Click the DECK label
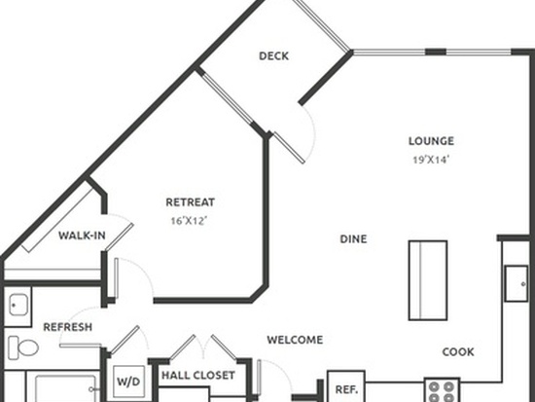coord(273,56)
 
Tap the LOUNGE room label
coord(431,141)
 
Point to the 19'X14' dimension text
coord(431,160)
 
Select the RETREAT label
coord(190,202)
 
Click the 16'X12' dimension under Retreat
coord(189,221)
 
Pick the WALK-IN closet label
coord(82,236)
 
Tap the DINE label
coord(353,239)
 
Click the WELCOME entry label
coord(295,340)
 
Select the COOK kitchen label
coord(458,352)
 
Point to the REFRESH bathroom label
coord(67,327)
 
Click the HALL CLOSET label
coord(198,376)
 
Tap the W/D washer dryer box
coord(128,382)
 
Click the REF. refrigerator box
coord(346,386)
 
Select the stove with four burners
coord(442,390)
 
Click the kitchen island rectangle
coord(428,280)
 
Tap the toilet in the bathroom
coord(23,347)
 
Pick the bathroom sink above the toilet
coord(18,305)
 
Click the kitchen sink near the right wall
coord(517,284)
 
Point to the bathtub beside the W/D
coord(65,388)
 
